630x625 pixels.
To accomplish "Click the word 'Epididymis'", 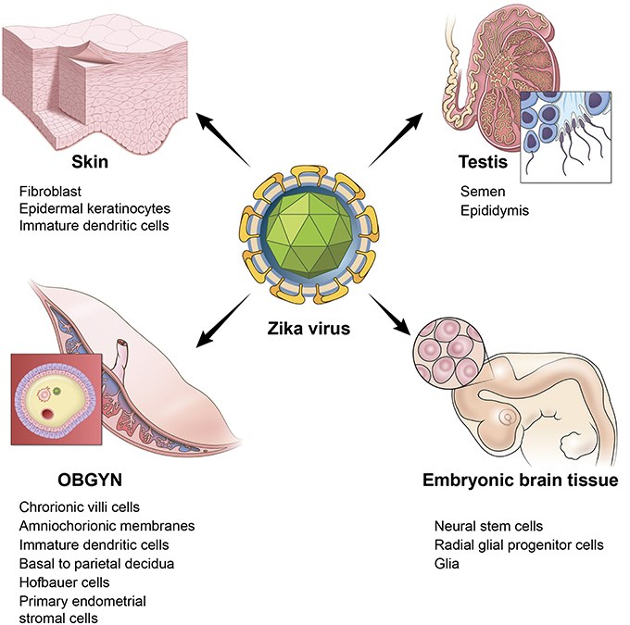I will click(x=491, y=208).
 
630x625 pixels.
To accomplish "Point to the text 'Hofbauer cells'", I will click(x=64, y=582).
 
